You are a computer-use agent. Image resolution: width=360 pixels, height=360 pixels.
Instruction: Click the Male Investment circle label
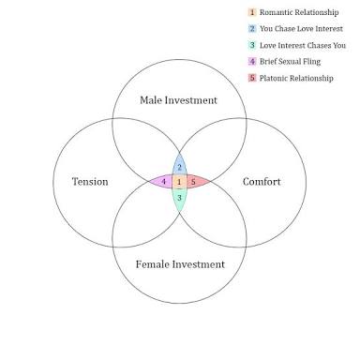[178, 100]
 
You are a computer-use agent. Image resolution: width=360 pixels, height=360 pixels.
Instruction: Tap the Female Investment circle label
[180, 264]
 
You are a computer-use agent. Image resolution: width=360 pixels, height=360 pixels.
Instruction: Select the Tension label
[90, 182]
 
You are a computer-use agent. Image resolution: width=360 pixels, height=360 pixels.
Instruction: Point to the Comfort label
[262, 182]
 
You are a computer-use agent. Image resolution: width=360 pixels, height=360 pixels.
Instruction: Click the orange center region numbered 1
[179, 182]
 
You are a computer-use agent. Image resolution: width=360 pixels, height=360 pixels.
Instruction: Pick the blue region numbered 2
[179, 165]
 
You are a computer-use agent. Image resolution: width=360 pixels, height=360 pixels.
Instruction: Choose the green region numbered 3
[179, 199]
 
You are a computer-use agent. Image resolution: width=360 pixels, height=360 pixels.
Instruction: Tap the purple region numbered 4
[162, 182]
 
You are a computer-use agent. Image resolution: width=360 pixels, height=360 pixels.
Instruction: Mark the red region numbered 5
[197, 182]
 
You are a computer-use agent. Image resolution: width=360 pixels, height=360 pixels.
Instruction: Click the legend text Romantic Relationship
[299, 12]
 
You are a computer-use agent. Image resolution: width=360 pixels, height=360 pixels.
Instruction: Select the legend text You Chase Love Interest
[301, 29]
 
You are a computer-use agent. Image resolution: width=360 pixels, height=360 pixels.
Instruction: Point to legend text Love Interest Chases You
[303, 45]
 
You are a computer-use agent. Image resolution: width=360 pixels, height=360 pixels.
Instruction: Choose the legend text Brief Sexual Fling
[290, 62]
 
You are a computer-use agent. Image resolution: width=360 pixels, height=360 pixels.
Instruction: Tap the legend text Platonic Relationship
[296, 78]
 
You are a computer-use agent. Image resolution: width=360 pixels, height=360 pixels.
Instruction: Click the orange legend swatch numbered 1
[252, 12]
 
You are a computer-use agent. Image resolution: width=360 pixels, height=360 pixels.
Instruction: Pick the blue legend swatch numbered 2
[252, 29]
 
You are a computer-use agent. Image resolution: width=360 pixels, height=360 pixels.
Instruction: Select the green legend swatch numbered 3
[252, 45]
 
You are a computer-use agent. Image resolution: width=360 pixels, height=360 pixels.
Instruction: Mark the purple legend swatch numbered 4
[252, 62]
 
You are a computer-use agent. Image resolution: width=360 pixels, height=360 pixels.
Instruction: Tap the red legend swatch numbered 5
[252, 78]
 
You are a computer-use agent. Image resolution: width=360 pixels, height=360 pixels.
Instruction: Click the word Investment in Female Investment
[199, 264]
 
